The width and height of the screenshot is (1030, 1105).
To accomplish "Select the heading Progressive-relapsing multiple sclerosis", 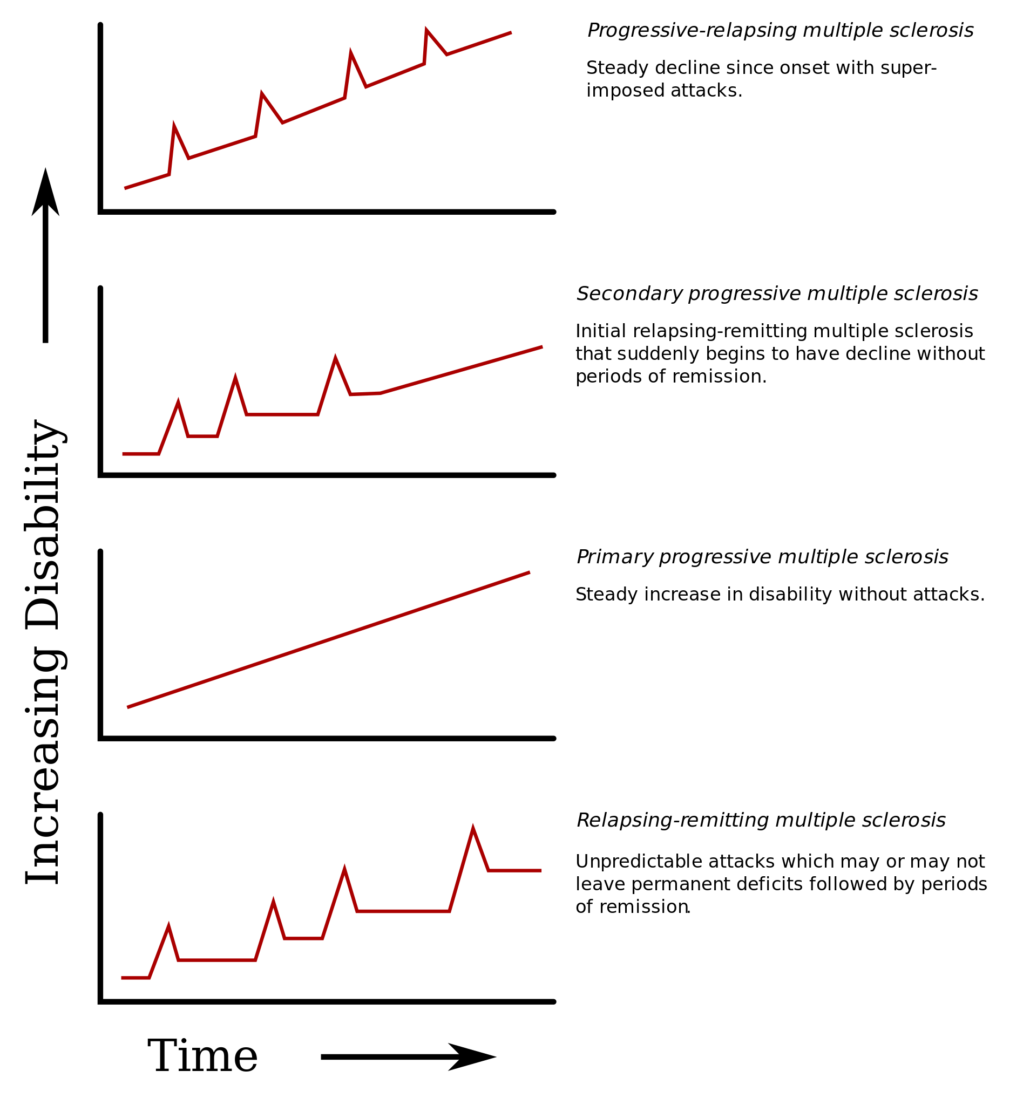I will pyautogui.click(x=780, y=31).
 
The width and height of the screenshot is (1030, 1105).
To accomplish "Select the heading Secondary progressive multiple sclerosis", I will pyautogui.click(x=776, y=294).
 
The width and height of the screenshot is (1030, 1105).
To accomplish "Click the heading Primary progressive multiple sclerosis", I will pyautogui.click(x=762, y=556).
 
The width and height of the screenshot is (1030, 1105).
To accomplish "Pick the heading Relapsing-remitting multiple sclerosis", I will pyautogui.click(x=760, y=820).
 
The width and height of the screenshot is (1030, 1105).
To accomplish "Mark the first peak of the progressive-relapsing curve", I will pyautogui.click(x=174, y=127).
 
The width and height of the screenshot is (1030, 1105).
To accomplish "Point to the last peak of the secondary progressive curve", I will pyautogui.click(x=335, y=359).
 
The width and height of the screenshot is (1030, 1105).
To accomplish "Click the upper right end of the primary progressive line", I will pyautogui.click(x=528, y=572).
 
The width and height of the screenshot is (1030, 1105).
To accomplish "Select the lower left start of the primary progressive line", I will pyautogui.click(x=128, y=706).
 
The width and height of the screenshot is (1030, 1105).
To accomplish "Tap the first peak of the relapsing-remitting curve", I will pyautogui.click(x=168, y=927).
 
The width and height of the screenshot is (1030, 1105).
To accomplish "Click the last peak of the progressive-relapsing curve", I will pyautogui.click(x=426, y=31).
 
